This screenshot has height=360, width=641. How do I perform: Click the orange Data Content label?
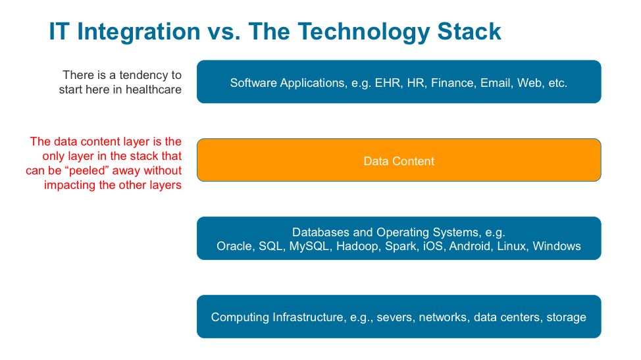[399, 161]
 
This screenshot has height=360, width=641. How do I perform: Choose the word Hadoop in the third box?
[357, 246]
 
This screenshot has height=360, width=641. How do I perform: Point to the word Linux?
[512, 246]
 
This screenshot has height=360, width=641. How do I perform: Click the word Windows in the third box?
[557, 246]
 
